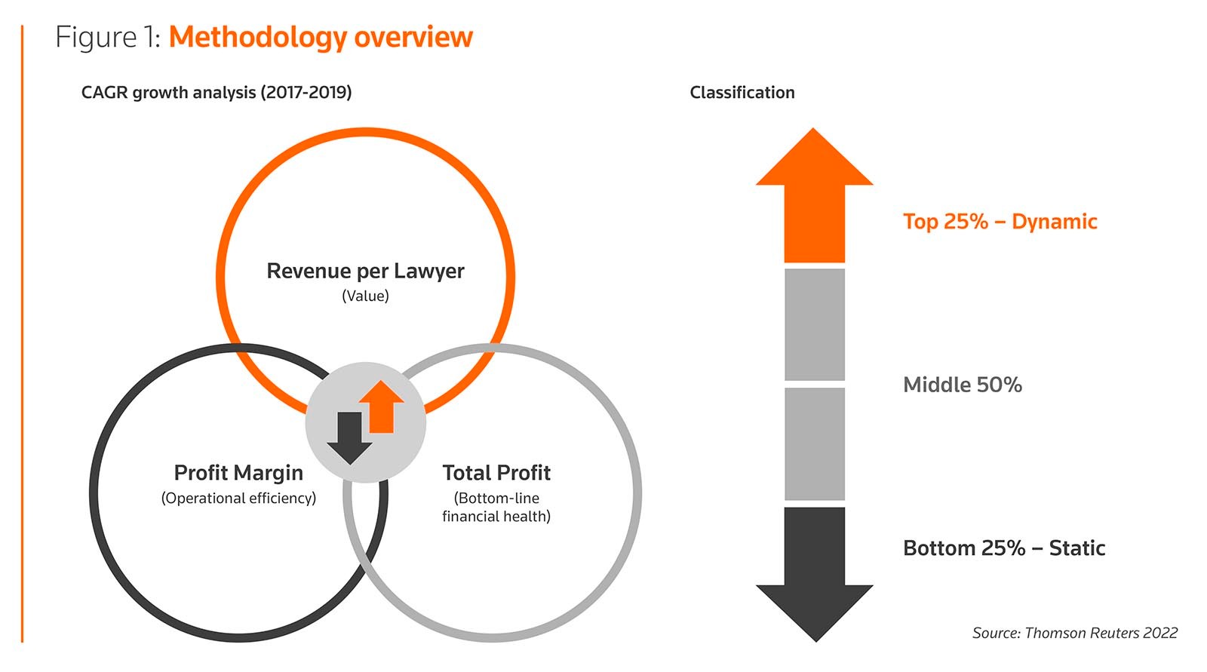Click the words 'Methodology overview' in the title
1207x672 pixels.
coord(321,37)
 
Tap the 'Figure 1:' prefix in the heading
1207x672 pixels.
coord(108,37)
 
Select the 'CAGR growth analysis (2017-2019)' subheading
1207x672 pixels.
coord(217,93)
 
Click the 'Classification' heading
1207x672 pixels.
coord(742,93)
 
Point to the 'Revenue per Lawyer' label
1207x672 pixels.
coord(365,271)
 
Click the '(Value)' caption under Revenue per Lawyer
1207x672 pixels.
coord(365,296)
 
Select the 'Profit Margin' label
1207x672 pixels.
coord(238,473)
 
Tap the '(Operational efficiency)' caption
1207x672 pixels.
coord(238,499)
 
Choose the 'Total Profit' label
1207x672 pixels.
coord(496,473)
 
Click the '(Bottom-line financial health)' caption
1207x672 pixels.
coord(496,508)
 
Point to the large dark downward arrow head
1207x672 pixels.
coord(815,607)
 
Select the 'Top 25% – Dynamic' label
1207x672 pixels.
coord(1000,222)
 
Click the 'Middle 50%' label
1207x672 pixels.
coord(963,385)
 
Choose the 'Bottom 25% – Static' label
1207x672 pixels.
coord(1004,548)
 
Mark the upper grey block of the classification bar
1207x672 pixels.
coord(815,324)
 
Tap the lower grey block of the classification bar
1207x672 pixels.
coord(815,443)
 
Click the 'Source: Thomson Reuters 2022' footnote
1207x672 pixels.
coord(1074,633)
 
